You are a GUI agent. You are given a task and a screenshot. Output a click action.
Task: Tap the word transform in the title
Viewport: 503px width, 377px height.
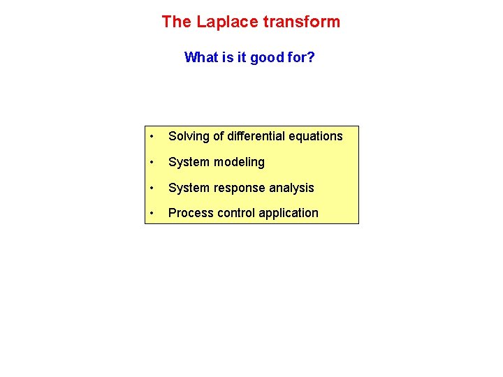301,22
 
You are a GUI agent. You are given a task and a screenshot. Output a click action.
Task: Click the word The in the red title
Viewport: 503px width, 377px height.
176,22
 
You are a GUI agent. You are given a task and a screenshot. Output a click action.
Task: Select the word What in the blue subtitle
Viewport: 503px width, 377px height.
201,57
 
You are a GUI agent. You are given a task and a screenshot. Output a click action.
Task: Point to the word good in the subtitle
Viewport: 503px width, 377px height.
266,57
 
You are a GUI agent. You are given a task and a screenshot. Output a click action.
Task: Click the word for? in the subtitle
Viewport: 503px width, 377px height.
301,57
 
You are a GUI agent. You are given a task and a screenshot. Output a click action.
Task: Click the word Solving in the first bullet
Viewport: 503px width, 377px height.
188,136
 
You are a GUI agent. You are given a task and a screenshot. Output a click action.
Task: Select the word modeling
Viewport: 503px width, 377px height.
240,162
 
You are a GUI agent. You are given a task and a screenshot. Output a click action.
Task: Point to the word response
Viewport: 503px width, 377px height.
240,188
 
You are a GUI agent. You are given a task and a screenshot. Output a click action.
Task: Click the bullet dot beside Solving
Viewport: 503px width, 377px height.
152,136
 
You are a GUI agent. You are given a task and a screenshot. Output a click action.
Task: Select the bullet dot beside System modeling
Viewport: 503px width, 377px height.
152,162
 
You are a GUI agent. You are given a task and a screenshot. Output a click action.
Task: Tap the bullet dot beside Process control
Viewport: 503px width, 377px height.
152,213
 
